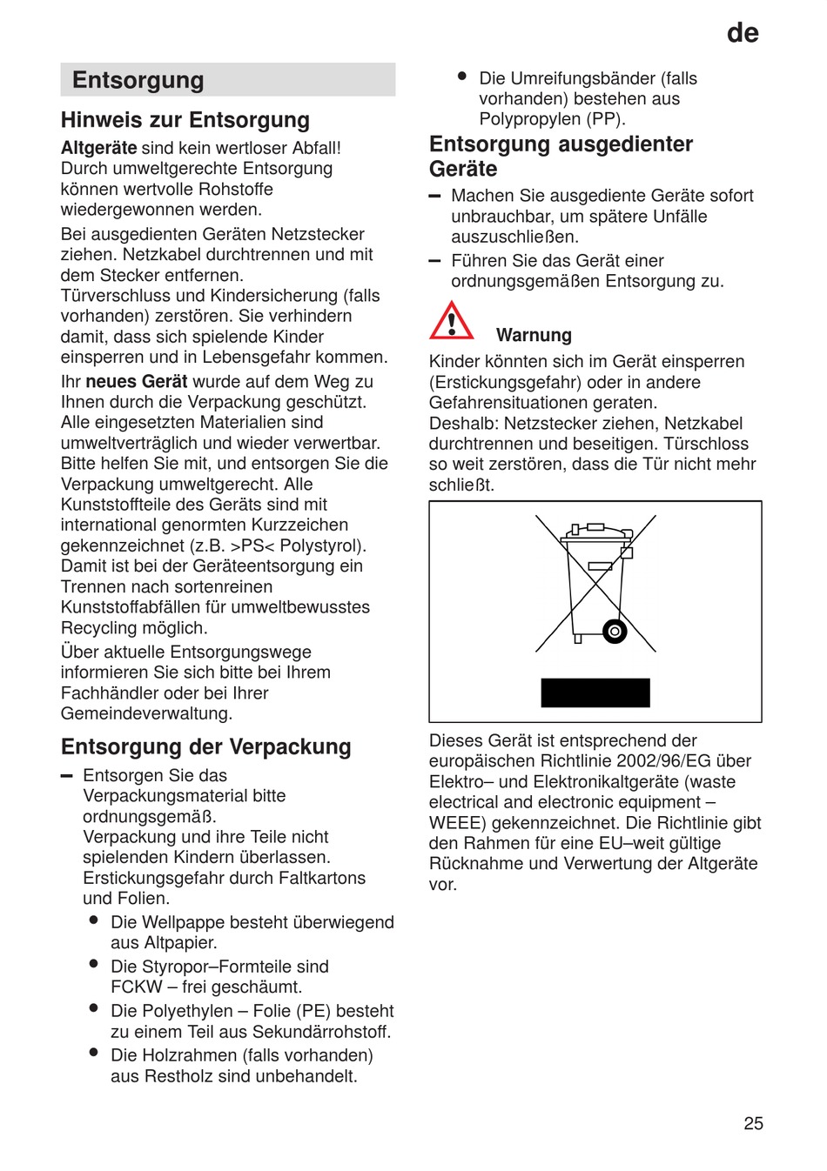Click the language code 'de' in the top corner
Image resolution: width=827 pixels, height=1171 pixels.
coord(743,33)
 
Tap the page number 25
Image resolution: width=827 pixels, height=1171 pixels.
coord(753,1123)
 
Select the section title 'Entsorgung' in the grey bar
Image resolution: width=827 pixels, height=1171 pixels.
coord(138,80)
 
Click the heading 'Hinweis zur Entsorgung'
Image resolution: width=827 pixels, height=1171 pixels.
coord(185,120)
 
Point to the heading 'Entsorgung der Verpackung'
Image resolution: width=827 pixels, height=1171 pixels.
coord(206,746)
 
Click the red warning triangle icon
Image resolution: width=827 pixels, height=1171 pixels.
coord(451,321)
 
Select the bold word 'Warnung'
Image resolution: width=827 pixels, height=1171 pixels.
coord(534,335)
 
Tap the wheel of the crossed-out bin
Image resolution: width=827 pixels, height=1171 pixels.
coord(615,631)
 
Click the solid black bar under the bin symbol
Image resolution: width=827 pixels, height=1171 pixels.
coord(595,693)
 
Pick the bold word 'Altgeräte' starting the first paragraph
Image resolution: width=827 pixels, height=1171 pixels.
coord(98,148)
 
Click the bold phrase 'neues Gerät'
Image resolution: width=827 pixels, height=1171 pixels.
coord(137,381)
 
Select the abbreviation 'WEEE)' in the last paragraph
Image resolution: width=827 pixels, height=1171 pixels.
coord(455,823)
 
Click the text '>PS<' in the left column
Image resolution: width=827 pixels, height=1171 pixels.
coord(252,545)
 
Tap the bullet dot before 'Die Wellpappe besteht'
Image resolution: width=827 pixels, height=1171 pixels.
coord(93,920)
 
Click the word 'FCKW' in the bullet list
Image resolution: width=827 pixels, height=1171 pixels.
coord(137,987)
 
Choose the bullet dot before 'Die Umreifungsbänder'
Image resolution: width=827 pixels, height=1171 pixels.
coord(462,77)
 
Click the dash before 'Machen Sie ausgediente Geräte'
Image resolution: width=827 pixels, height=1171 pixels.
coord(435,197)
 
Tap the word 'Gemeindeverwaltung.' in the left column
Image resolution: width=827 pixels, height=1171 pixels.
coord(146,713)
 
